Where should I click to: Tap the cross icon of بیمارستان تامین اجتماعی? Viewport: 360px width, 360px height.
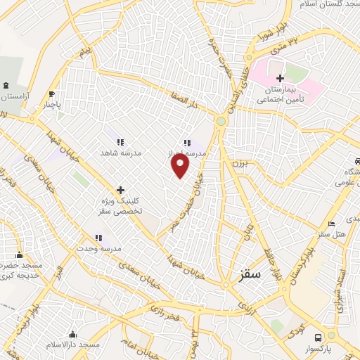coord(281,78)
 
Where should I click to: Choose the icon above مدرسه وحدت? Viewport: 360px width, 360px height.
coord(99,238)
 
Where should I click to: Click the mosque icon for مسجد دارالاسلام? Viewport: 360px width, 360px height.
coord(72,334)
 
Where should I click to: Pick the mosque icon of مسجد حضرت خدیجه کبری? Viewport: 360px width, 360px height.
coord(19,255)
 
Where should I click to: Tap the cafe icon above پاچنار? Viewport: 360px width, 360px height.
coord(51,94)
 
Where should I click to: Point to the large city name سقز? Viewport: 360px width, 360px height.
coord(250,276)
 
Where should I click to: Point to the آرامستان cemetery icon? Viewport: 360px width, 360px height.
coord(7,85)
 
